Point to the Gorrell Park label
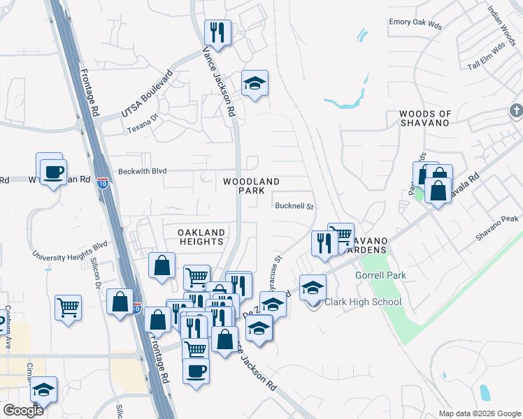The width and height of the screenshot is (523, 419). [380, 276]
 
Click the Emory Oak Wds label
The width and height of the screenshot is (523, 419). [415, 22]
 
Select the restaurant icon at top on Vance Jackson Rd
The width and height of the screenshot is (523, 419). [217, 32]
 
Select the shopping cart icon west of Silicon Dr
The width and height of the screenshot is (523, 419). [69, 307]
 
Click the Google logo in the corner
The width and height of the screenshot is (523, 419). [22, 411]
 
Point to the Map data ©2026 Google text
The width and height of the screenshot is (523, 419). [480, 413]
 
